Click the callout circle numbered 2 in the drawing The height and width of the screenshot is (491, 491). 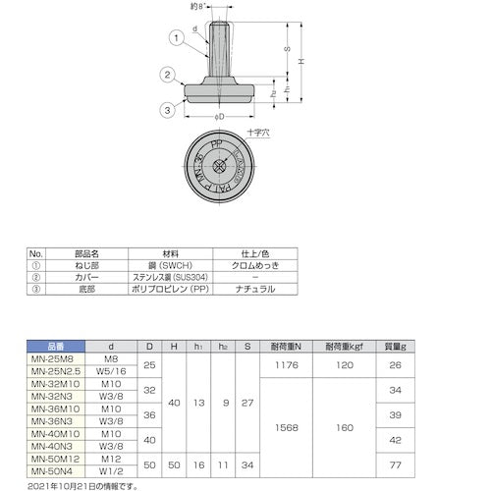(170, 74)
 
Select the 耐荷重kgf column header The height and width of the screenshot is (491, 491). (370, 347)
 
